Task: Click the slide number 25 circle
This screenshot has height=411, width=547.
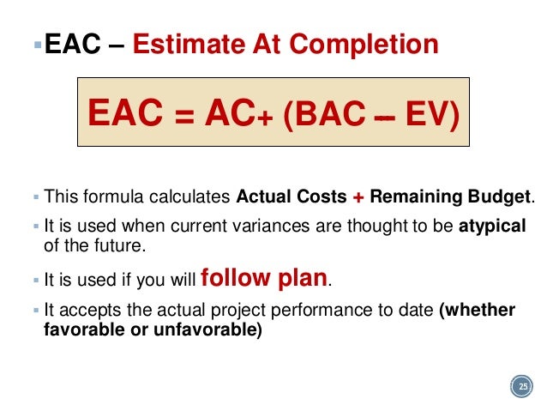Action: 521,389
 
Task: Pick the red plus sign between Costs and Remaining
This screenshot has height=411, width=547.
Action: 358,196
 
